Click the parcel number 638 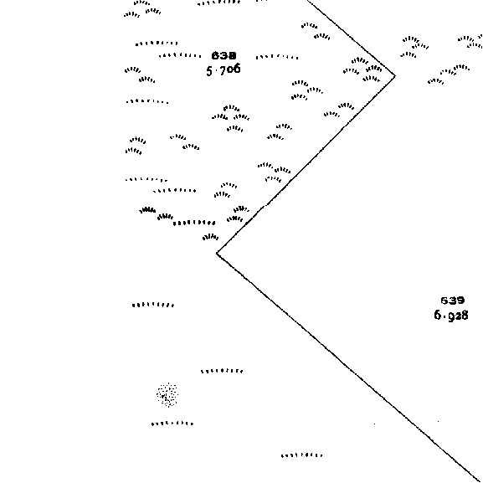pos(224,55)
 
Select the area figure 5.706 pos(224,69)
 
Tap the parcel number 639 pos(453,301)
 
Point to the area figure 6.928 pos(451,315)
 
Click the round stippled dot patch pos(167,394)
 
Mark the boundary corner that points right pos(395,76)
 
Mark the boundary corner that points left pos(217,253)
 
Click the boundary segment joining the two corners pos(306,165)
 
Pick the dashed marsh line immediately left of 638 pos(180,56)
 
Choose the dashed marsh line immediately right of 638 pos(277,57)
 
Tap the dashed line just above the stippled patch pos(222,371)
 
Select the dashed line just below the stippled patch pos(172,424)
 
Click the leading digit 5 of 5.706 pos(209,71)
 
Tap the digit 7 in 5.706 pos(223,69)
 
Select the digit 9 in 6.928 pos(450,316)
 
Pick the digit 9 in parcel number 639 pos(460,301)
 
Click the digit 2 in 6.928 pos(457,316)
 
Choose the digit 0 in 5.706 pos(229,69)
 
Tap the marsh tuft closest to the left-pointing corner pos(211,237)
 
